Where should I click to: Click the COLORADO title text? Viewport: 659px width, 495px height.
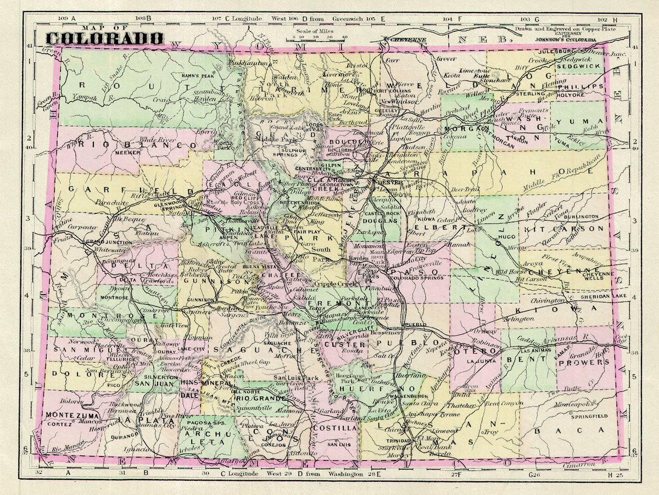[x=105, y=38]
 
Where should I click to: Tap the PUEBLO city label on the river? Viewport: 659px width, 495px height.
[x=415, y=325]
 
